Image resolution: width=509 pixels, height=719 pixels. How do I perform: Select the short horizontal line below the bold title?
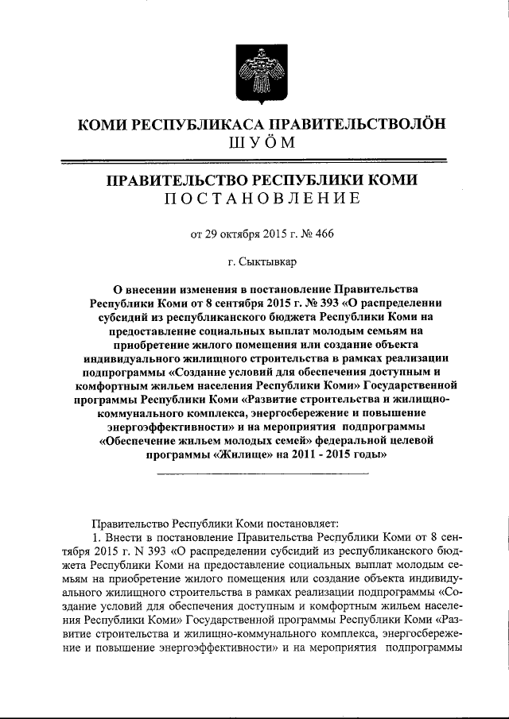(262, 474)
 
